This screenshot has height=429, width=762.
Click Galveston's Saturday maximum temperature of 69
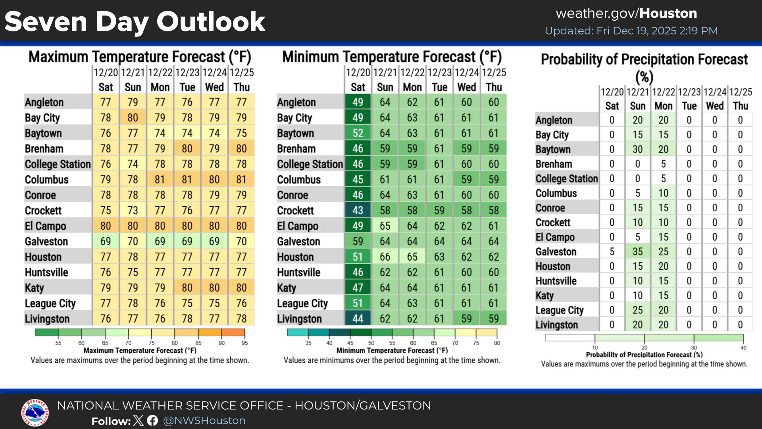point(106,241)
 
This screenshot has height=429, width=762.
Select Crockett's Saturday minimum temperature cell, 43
point(358,210)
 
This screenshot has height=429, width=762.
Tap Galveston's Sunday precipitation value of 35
point(637,251)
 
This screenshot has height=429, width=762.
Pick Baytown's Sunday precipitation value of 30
point(637,149)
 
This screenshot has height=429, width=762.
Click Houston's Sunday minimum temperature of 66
point(385,257)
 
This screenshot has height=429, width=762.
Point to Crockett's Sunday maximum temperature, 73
point(133,210)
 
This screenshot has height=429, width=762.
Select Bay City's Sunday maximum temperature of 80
point(133,118)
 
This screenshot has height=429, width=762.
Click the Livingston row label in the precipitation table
point(556,325)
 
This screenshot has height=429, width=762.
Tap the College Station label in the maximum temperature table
point(58,164)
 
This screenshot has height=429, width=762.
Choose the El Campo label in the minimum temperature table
point(297,226)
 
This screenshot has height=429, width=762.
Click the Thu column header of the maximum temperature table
point(241,87)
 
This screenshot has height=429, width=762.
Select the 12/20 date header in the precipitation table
point(612,92)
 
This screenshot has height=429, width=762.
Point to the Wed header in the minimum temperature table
point(466,87)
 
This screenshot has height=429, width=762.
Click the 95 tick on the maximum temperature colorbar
point(245,343)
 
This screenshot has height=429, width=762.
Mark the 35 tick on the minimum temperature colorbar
point(308,343)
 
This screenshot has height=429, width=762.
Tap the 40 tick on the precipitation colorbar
point(743,348)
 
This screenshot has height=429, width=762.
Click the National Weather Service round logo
point(35,413)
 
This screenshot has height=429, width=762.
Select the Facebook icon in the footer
point(152,421)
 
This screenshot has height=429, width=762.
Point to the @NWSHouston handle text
point(204,421)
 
